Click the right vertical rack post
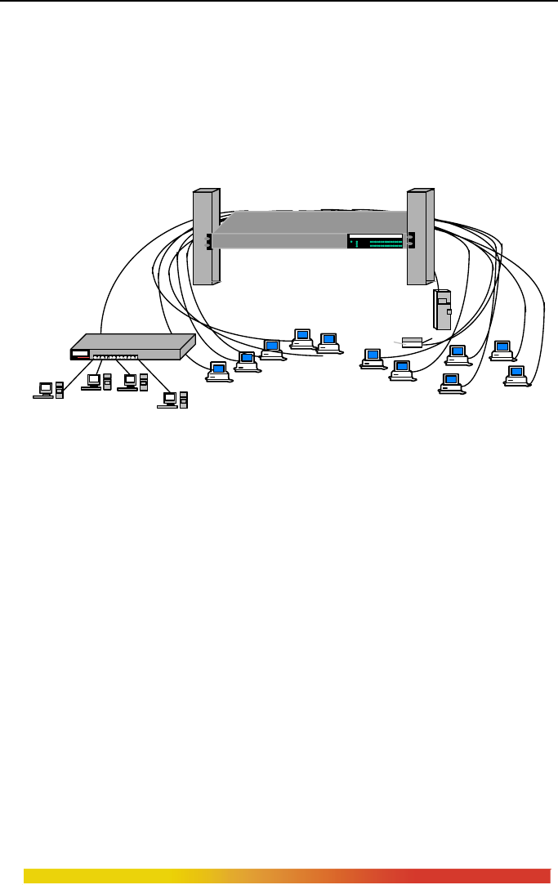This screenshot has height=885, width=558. (419, 237)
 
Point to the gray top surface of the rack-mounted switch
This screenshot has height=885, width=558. (310, 221)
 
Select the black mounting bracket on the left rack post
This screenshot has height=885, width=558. (209, 241)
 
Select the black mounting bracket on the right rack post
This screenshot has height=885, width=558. (412, 240)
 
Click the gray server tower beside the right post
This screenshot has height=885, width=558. (443, 309)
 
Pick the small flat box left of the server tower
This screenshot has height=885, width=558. (411, 342)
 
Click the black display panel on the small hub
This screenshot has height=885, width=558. (80, 354)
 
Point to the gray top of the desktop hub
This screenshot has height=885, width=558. (131, 342)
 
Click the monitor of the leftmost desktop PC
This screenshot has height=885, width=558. (46, 388)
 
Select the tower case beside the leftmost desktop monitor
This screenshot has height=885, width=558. (60, 389)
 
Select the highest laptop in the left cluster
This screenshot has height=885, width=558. (303, 337)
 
